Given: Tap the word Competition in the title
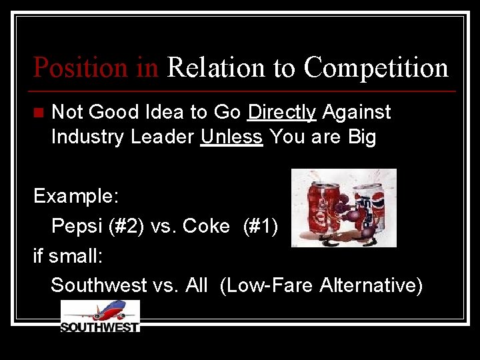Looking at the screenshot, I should click(x=376, y=67).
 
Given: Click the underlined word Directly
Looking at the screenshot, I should click(x=281, y=113).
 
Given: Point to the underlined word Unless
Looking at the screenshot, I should click(x=231, y=138).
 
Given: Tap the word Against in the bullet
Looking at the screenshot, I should click(x=357, y=113).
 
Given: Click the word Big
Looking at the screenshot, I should click(x=361, y=138).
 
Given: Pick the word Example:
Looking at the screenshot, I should click(x=76, y=197).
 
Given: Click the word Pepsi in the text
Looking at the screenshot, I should click(x=74, y=227).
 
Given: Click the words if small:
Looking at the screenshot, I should click(x=65, y=255).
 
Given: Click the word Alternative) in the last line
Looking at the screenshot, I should click(x=371, y=285).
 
